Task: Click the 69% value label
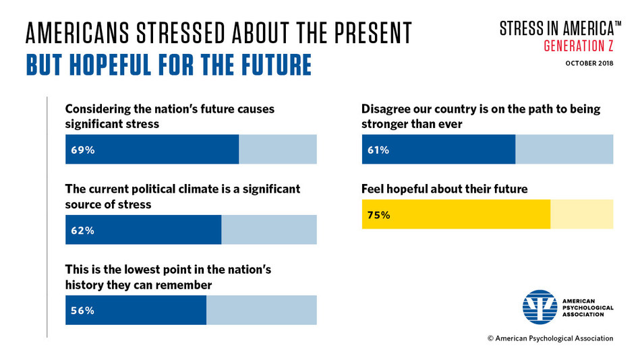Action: pyautogui.click(x=83, y=150)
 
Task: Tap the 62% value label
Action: pyautogui.click(x=83, y=230)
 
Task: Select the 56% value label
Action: pyautogui.click(x=83, y=311)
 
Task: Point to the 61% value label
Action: pyautogui.click(x=378, y=150)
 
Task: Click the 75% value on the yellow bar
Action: pyautogui.click(x=378, y=215)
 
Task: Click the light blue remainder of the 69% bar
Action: pyautogui.click(x=277, y=150)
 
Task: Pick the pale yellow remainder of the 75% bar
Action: pyautogui.click(x=581, y=214)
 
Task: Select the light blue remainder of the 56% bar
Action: pyautogui.click(x=261, y=311)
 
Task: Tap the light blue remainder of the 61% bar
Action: pyautogui.click(x=564, y=150)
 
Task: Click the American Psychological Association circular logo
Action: pyautogui.click(x=539, y=307)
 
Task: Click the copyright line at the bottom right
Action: pyautogui.click(x=550, y=338)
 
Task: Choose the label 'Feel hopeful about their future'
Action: pyautogui.click(x=444, y=189)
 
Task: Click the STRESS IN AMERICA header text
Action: pyautogui.click(x=554, y=28)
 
